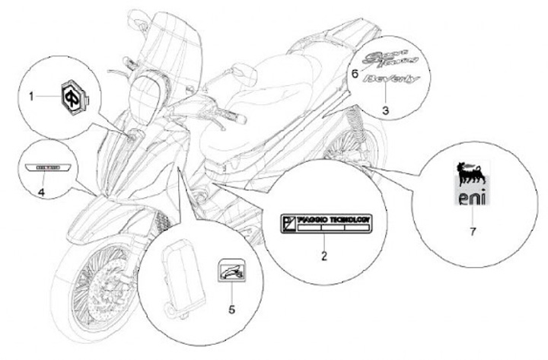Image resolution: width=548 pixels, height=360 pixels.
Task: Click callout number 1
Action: coord(32,97)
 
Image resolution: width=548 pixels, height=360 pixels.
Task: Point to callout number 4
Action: coord(41,193)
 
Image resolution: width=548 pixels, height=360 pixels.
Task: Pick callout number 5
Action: coord(232,309)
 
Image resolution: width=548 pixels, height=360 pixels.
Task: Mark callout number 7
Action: coord(473,231)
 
